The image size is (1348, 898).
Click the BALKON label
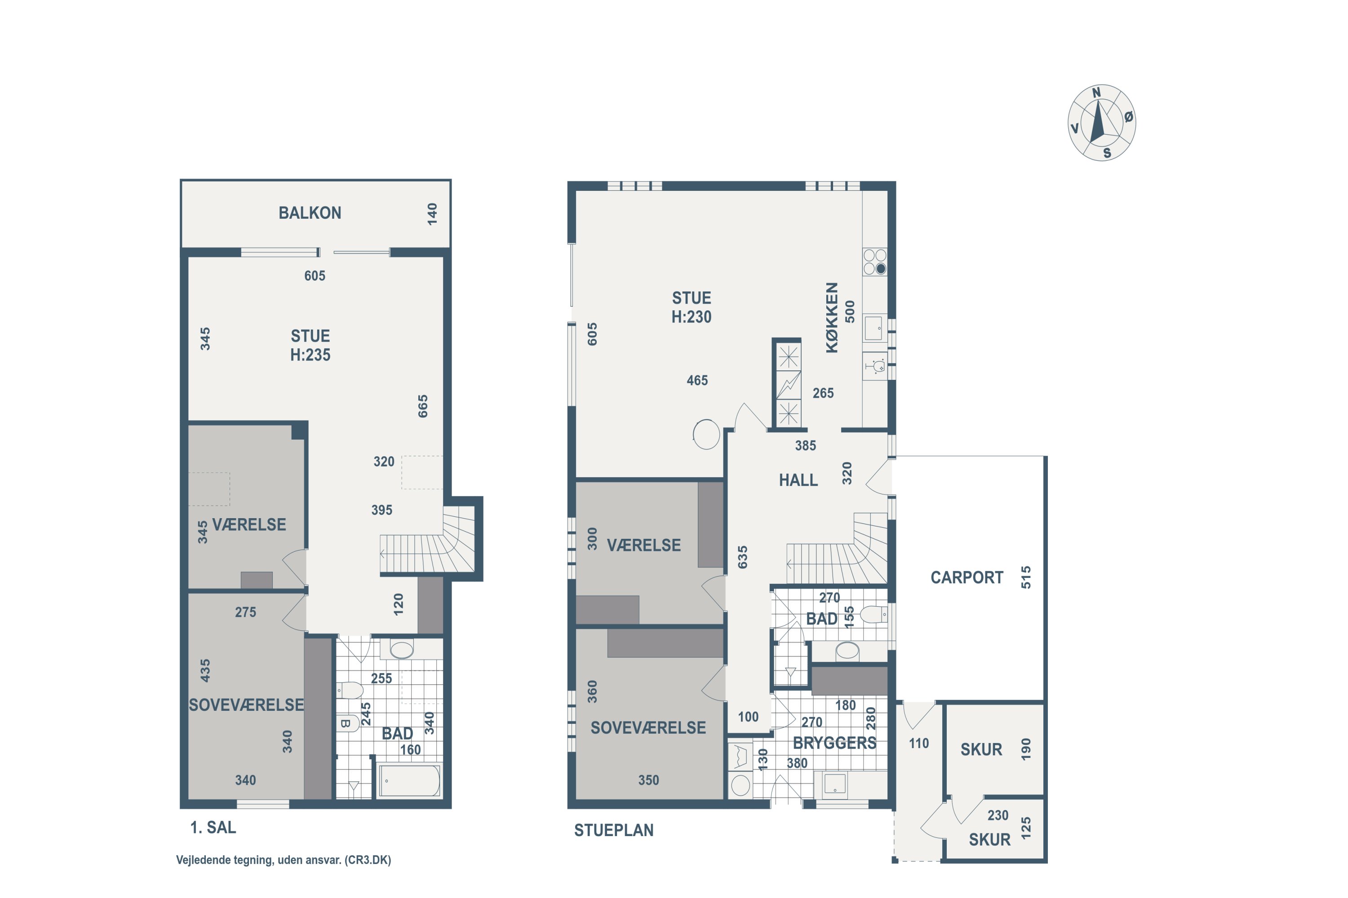pos(310,213)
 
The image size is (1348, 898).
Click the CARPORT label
pos(967,577)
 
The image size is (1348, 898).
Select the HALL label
pos(798,480)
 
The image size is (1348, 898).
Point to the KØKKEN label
pos(832,317)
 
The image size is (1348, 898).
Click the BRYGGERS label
pos(834,743)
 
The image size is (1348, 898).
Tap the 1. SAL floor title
pos(213,827)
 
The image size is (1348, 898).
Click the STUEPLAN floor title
pos(614,830)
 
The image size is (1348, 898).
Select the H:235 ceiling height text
pos(310,355)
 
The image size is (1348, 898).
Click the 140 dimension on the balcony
pos(432,214)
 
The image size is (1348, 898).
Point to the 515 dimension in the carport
pos(1026,577)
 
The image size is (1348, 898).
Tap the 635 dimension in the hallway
pos(742,557)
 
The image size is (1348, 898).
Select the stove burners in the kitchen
pos(874,262)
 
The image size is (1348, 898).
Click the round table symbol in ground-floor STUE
pos(706,434)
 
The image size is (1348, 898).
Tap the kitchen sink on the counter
pos(874,328)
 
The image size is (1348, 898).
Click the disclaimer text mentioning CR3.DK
pos(284,860)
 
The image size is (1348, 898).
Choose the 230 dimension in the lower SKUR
pos(998,815)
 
